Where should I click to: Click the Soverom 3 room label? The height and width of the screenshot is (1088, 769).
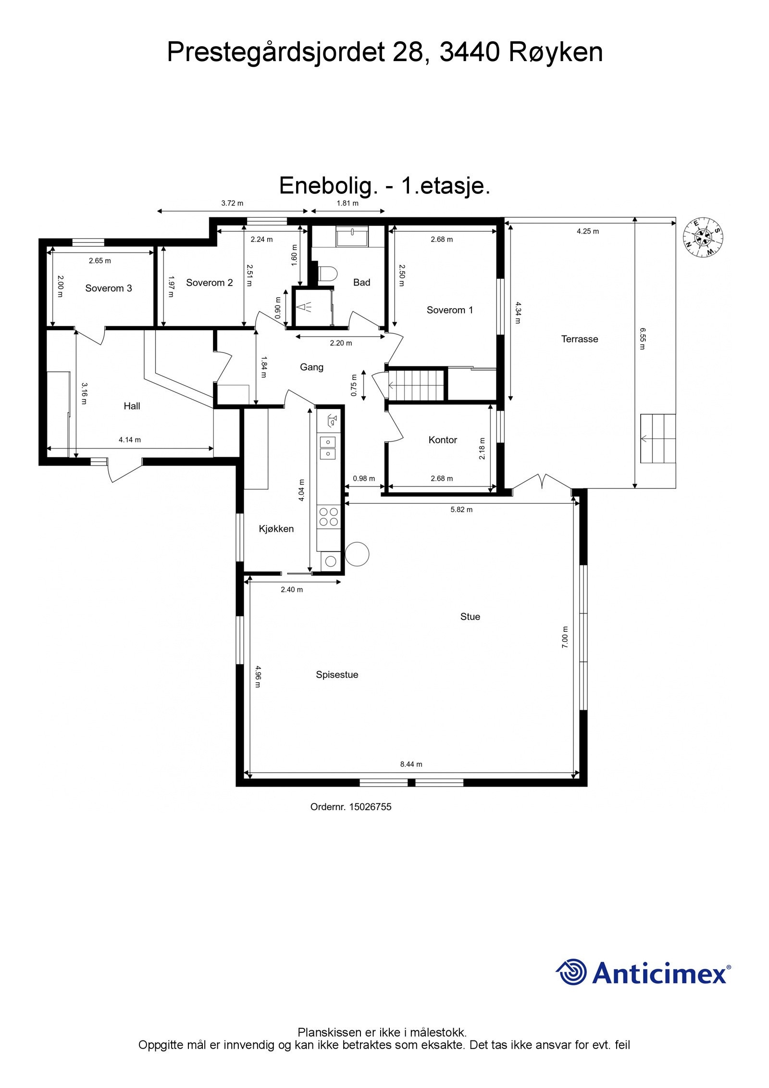click(x=108, y=288)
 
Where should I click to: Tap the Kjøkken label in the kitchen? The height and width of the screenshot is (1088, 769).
click(x=276, y=528)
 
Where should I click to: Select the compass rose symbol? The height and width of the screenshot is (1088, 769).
click(x=704, y=237)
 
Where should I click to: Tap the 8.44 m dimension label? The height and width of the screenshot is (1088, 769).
click(x=411, y=764)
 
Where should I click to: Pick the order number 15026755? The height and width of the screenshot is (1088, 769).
click(x=370, y=807)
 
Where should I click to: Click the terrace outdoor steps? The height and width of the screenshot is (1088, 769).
click(x=657, y=438)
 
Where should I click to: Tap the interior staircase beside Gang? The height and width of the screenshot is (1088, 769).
click(x=416, y=385)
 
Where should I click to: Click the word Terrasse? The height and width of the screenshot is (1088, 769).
click(x=579, y=339)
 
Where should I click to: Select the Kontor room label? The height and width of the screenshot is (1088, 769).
click(x=442, y=439)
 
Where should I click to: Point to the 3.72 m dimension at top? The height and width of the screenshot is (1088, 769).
click(x=232, y=203)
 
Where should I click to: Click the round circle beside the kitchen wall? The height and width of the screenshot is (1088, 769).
click(x=357, y=554)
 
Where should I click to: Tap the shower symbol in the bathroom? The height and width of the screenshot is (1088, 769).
click(x=304, y=307)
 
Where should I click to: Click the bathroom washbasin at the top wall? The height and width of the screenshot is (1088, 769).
click(x=352, y=237)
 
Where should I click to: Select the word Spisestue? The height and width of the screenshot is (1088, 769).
click(x=336, y=675)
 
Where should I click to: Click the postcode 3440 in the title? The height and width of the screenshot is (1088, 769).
click(x=470, y=53)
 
